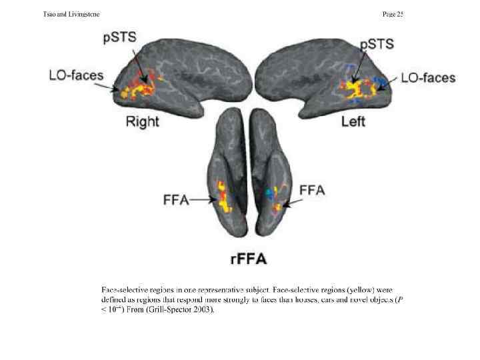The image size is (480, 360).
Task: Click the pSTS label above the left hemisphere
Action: point(377,45)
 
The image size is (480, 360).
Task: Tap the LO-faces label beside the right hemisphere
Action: point(77,75)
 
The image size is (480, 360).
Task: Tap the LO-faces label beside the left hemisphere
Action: point(428,78)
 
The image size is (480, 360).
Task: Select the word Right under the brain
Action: point(143,121)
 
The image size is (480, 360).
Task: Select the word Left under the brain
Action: point(353,122)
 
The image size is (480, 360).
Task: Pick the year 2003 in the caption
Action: point(199,311)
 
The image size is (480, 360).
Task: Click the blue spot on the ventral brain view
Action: point(269,193)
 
